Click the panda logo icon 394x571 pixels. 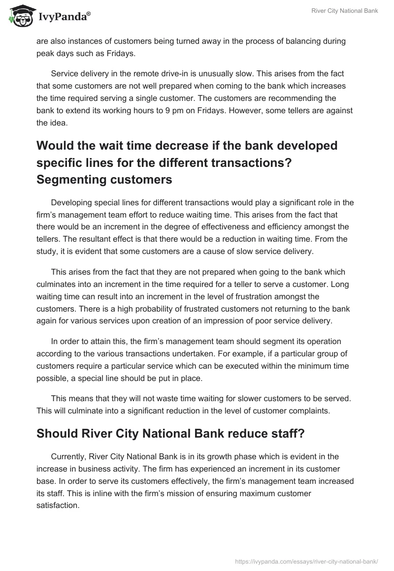[x=19, y=16]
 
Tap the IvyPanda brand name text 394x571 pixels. [x=63, y=17]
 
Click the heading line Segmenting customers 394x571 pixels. [x=104, y=180]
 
